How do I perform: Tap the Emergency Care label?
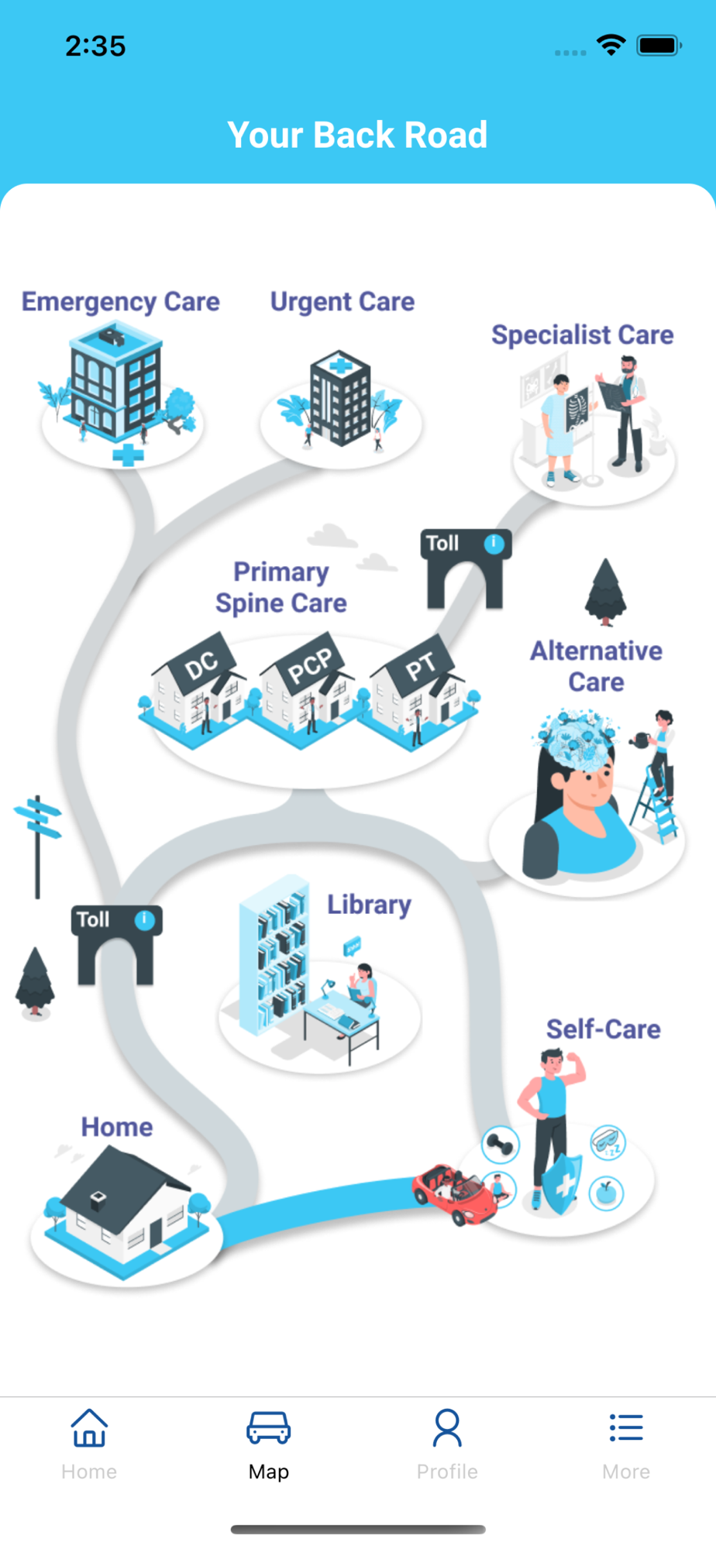coord(120,302)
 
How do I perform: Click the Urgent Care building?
coord(340,398)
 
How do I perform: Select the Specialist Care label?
coord(583,335)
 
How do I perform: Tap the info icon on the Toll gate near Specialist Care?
coord(494,544)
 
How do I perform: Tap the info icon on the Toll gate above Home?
coord(144,920)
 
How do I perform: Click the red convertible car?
coord(455,1194)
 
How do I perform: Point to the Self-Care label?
coord(603,1029)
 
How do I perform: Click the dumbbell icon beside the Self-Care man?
coord(501,1145)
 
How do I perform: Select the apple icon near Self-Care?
coord(607,1194)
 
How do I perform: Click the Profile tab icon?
coord(447,1428)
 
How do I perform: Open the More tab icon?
coord(626,1427)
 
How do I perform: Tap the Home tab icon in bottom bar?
coord(89,1428)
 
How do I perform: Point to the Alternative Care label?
coord(596,666)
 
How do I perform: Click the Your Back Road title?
coord(357,135)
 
